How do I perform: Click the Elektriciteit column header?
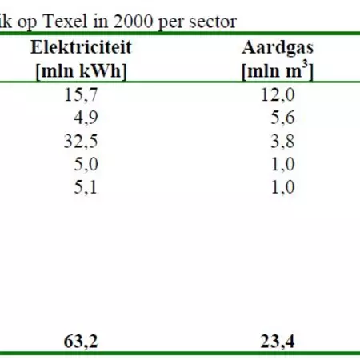[x=81, y=48]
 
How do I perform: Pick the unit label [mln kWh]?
[x=81, y=70]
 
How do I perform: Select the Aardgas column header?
[x=277, y=48]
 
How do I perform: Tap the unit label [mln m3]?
[x=277, y=70]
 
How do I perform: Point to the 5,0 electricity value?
[x=83, y=165]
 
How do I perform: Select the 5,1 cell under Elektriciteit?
[x=83, y=188]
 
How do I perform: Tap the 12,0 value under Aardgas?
[x=278, y=95]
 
